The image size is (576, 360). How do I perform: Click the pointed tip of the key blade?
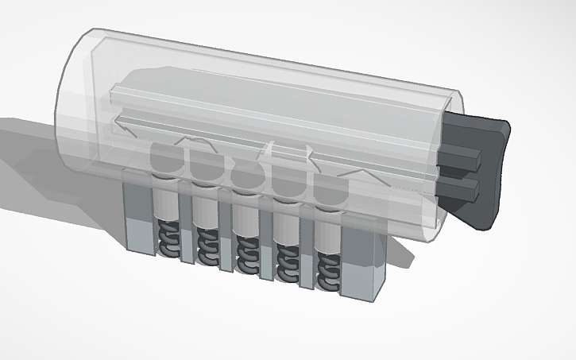tap(119, 123)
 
